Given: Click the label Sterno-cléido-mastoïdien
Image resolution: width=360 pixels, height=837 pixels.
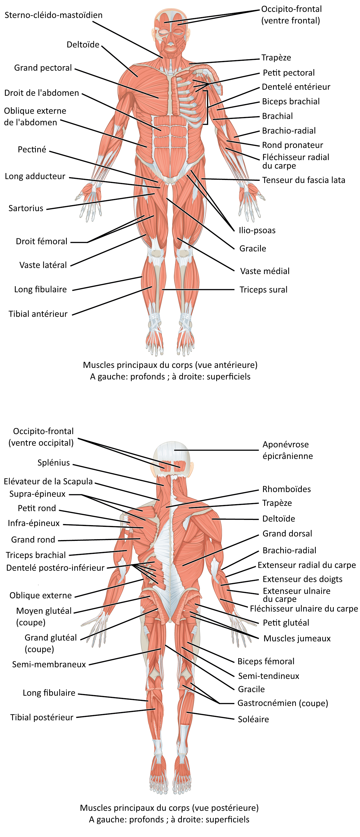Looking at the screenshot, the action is [x=54, y=15].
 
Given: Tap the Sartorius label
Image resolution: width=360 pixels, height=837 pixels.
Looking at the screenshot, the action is [x=26, y=208].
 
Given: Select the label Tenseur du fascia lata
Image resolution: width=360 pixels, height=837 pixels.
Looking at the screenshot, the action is [x=304, y=180].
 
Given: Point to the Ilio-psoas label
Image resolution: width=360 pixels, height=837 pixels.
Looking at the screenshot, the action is [x=257, y=230].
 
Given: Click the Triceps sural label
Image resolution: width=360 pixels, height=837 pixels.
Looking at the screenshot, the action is [x=263, y=289].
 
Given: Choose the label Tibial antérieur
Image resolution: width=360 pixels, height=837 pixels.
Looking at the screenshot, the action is [x=38, y=314].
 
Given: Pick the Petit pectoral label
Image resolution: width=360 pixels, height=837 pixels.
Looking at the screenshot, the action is [x=289, y=73].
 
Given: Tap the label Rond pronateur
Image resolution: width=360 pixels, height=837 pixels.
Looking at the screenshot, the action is [x=292, y=145].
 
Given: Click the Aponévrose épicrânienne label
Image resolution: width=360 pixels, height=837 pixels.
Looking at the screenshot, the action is [x=288, y=450].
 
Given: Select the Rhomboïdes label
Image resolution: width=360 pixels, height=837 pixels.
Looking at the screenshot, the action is [x=287, y=489].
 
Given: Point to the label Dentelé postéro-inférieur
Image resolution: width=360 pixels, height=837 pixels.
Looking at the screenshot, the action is [x=55, y=568].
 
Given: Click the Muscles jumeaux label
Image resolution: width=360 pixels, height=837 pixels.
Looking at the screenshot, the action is [x=297, y=639].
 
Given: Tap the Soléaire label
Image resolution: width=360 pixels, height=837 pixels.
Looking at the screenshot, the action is [x=253, y=719].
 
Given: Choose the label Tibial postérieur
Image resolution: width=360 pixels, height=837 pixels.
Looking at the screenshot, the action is [x=42, y=718].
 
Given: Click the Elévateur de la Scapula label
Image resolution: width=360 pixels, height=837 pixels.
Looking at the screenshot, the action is [x=48, y=481].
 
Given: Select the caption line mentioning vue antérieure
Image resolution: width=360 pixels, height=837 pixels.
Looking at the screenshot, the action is [x=170, y=365].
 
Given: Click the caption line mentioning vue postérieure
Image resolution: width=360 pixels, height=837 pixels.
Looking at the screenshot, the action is [x=169, y=808].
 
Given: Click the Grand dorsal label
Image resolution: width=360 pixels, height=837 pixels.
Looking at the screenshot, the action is [x=287, y=533].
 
